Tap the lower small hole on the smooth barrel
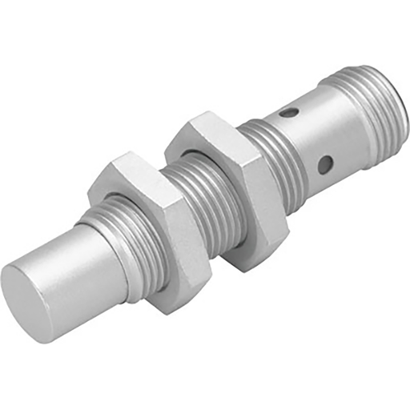point(324,165)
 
